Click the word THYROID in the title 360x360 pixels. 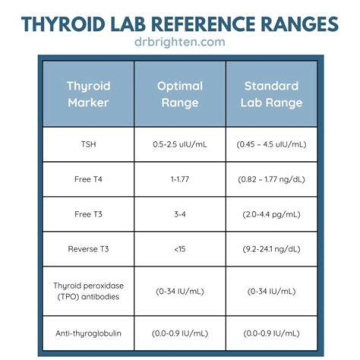[63, 24]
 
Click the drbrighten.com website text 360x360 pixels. [180, 42]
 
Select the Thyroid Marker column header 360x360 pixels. [88, 94]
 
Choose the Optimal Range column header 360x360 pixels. [180, 94]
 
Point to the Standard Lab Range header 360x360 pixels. [271, 94]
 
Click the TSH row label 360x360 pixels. [88, 144]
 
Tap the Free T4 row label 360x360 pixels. [88, 179]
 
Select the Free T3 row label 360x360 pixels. [88, 214]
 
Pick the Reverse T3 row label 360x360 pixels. [88, 249]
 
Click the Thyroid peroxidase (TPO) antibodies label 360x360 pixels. [88, 291]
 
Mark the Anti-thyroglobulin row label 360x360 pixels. [88, 333]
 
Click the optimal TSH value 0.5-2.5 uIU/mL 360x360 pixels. [180, 144]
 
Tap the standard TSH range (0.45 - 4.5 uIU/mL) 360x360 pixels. [271, 144]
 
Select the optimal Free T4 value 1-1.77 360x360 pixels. [180, 179]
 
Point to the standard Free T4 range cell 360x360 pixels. [271, 179]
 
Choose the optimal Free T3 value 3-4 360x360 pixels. [180, 214]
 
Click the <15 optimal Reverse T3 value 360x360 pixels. [180, 249]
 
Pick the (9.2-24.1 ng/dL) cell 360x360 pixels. [271, 249]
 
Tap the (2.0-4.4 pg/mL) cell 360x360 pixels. [271, 214]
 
